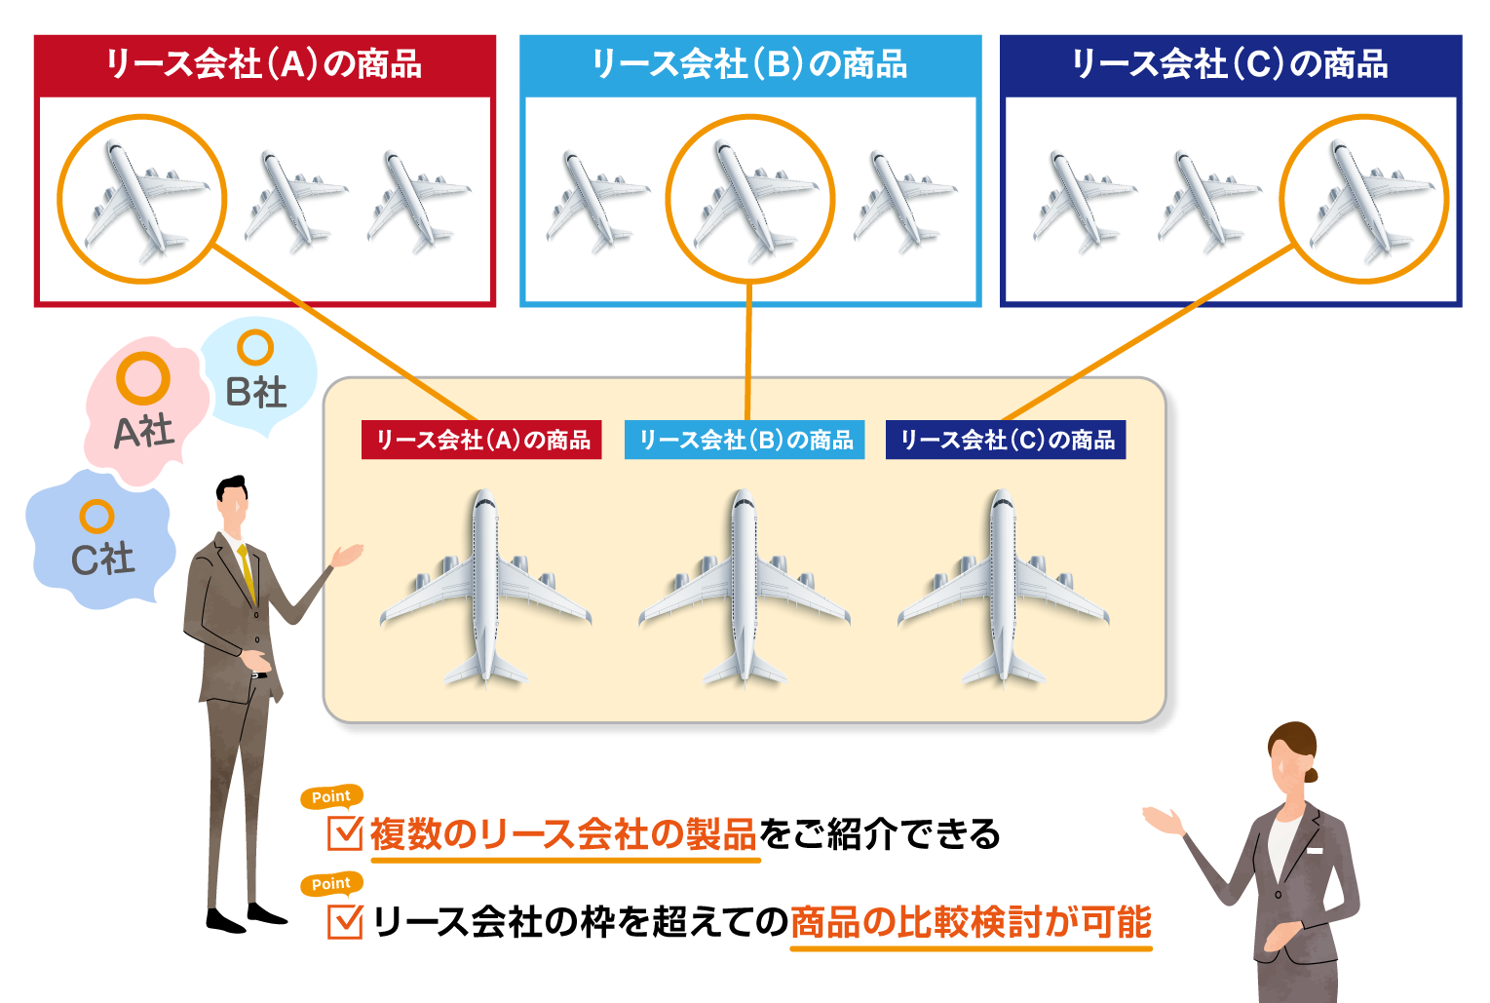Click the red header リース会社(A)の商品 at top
[x=264, y=64]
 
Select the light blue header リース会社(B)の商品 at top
[x=749, y=64]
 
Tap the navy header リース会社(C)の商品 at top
[x=1230, y=64]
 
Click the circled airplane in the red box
[x=142, y=200]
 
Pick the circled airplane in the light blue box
[x=750, y=200]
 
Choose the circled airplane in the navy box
[x=1363, y=200]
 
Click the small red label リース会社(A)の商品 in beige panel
[x=481, y=440]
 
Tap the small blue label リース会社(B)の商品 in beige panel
[x=745, y=440]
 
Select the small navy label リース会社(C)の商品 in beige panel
[x=1006, y=440]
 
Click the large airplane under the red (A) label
[x=485, y=590]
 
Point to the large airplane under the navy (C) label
[x=1003, y=590]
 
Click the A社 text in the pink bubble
[x=143, y=431]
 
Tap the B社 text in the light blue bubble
[x=256, y=392]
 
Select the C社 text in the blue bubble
[x=102, y=559]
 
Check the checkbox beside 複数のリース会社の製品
[x=345, y=833]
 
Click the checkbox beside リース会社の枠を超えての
[x=345, y=921]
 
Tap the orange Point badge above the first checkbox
[x=331, y=796]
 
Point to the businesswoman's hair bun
[x=1311, y=776]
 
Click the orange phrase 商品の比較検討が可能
[x=971, y=921]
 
